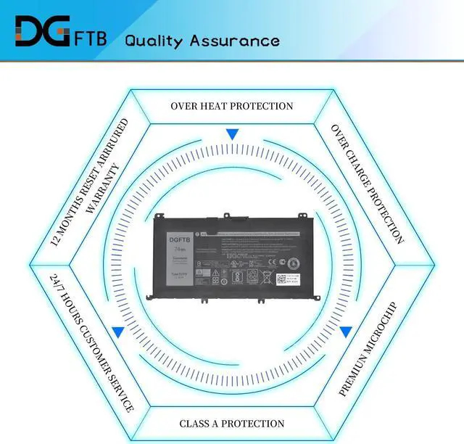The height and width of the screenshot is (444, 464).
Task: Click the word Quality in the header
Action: pyautogui.click(x=154, y=40)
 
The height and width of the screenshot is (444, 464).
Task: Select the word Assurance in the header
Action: pyautogui.click(x=234, y=40)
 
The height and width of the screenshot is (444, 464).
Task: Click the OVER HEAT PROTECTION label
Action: pyautogui.click(x=232, y=106)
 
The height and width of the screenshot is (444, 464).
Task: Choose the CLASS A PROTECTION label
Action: pyautogui.click(x=232, y=423)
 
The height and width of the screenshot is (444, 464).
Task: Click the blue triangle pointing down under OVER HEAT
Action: pyautogui.click(x=232, y=134)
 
